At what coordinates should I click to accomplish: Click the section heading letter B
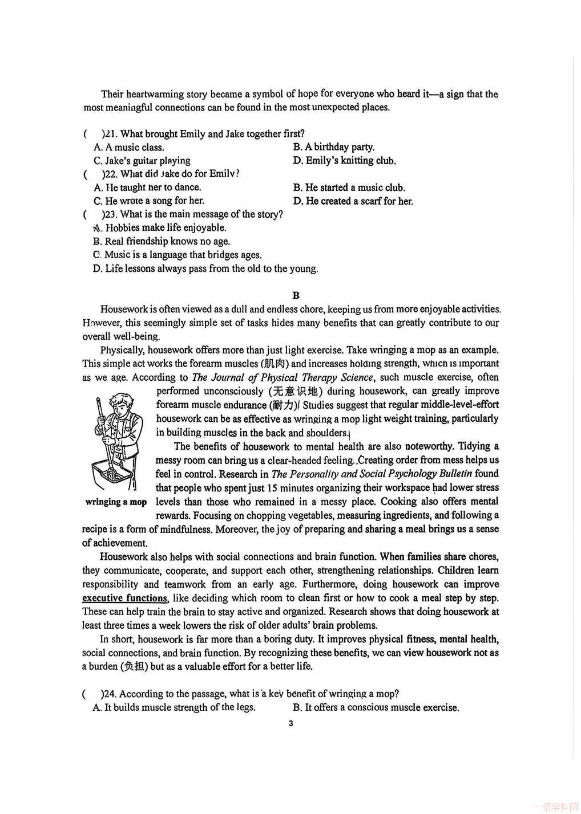(296, 295)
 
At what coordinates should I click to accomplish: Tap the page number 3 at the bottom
(291, 724)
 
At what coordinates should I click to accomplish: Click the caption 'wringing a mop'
(116, 502)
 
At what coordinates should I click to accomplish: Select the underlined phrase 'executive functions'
(125, 598)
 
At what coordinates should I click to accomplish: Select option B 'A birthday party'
(334, 147)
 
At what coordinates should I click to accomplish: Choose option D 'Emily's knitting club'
(344, 161)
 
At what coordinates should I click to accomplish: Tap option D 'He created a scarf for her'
(353, 201)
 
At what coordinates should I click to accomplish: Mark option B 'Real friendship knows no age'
(162, 241)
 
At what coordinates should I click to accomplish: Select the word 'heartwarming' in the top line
(155, 94)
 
